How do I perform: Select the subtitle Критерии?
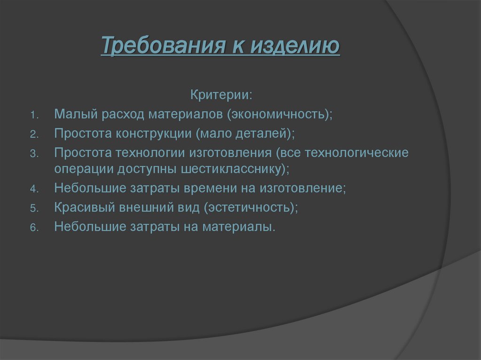(221, 95)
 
